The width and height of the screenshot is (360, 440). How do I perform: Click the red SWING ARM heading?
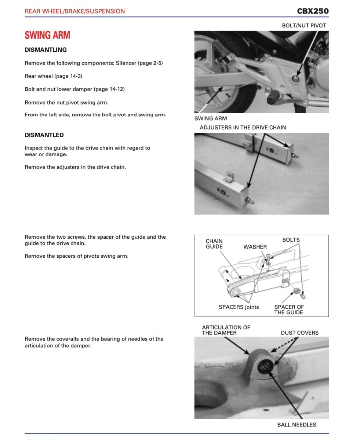[x=47, y=35]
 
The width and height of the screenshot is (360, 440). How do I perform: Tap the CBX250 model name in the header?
[x=313, y=11]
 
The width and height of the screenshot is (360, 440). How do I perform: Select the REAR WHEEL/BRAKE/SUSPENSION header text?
[x=74, y=11]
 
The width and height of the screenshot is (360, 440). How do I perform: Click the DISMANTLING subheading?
[x=46, y=49]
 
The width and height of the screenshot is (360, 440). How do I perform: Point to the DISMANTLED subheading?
[x=44, y=135]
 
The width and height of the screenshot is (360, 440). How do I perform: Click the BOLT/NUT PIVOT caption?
[x=303, y=25]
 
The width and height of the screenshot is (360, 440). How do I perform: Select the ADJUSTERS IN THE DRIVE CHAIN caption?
[x=243, y=128]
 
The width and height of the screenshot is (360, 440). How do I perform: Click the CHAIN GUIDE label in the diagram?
[x=214, y=244]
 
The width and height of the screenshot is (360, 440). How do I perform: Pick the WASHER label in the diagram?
[x=255, y=247]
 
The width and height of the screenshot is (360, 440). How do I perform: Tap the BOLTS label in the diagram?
[x=291, y=240]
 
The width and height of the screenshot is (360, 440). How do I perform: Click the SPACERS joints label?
[x=239, y=307]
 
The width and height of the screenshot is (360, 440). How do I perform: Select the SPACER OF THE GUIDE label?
[x=289, y=309]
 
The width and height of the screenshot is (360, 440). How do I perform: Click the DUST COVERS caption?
[x=299, y=333]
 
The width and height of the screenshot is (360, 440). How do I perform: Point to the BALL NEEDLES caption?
[x=297, y=425]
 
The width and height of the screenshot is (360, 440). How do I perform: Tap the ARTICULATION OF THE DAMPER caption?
[x=226, y=330]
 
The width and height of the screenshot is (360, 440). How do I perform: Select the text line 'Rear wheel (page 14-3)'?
[x=53, y=76]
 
